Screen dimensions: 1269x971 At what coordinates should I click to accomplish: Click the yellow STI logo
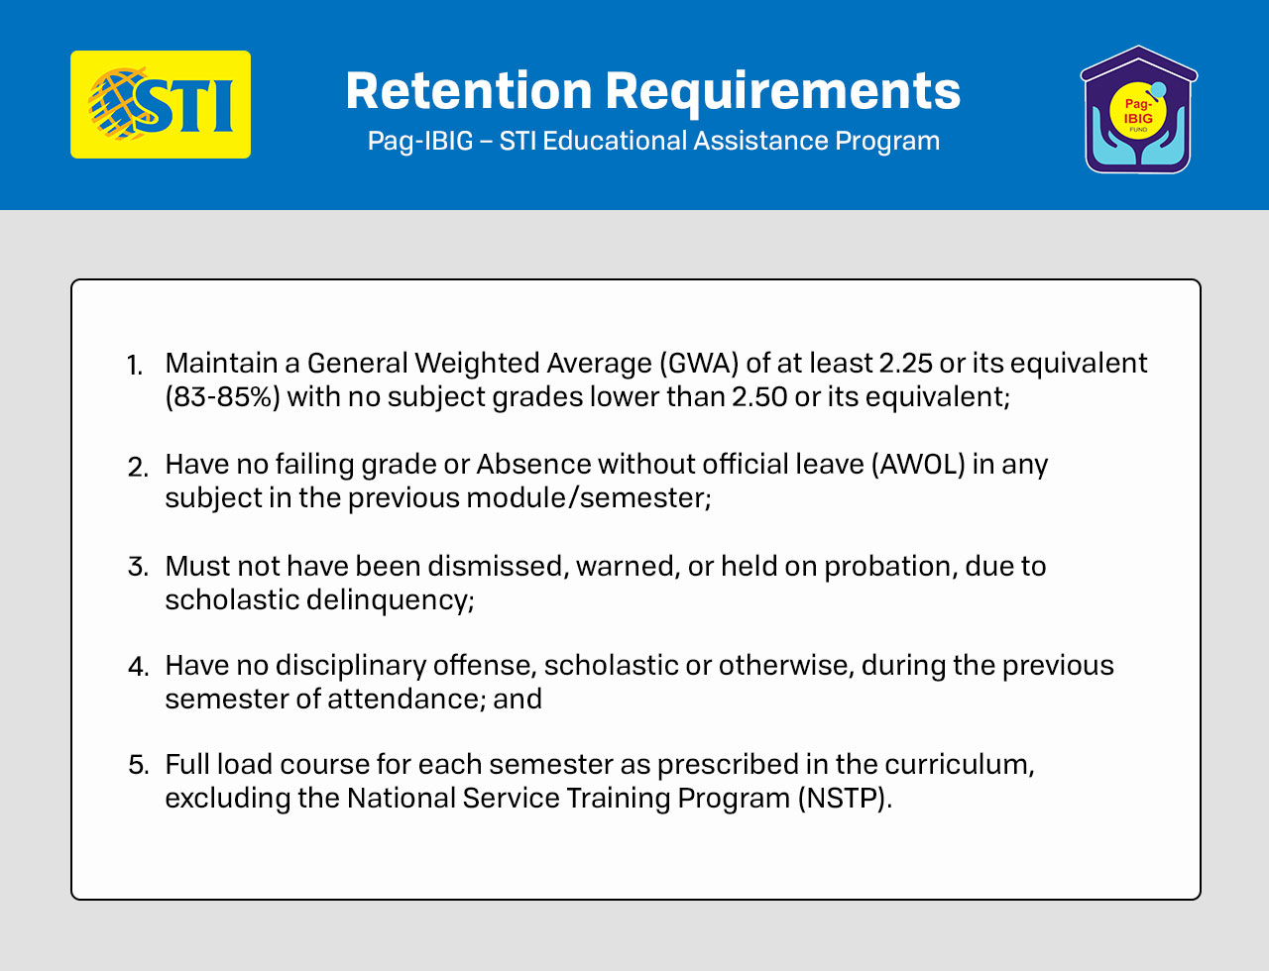161,104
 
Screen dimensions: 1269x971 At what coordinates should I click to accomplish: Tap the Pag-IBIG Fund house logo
1138,109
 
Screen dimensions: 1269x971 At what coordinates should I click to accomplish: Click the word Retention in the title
469,91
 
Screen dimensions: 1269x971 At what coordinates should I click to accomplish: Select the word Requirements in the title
782,93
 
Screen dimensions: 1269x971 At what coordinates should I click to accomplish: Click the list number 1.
135,366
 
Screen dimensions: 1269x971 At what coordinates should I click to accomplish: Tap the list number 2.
138,467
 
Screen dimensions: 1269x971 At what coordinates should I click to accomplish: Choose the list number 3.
138,567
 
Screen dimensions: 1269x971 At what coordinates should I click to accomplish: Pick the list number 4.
139,667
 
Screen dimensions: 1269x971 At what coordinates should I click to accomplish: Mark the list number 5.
139,765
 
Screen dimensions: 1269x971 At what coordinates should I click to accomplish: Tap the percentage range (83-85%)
222,397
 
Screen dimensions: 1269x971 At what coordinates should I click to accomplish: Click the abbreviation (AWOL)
918,465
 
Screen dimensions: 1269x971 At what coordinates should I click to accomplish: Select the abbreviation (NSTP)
844,799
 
